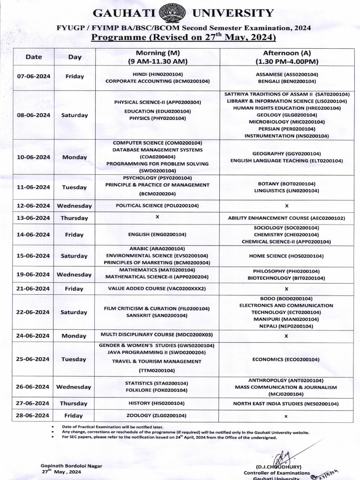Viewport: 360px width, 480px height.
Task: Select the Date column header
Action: coord(33,57)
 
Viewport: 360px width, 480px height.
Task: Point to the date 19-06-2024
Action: coord(33,275)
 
